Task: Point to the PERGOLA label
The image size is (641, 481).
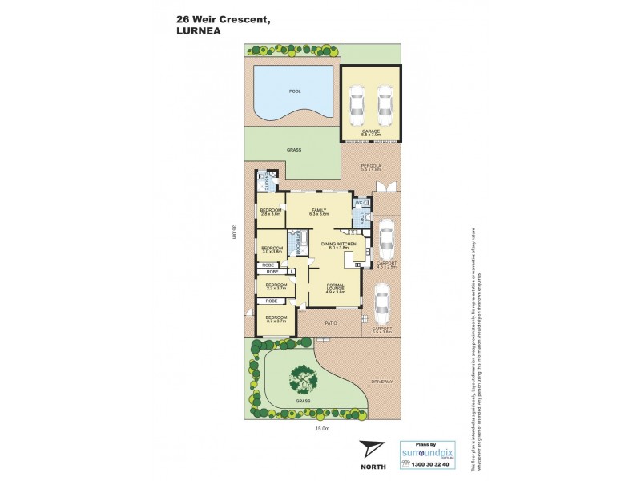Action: click(x=370, y=167)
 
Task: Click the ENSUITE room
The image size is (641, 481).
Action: click(x=264, y=181)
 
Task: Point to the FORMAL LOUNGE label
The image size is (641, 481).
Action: click(x=334, y=289)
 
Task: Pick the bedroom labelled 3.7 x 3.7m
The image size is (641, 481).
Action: click(x=276, y=319)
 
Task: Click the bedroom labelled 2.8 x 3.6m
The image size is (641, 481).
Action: click(x=270, y=212)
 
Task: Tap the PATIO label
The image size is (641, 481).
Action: click(x=330, y=323)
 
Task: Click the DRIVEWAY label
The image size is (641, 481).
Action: click(x=381, y=382)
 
